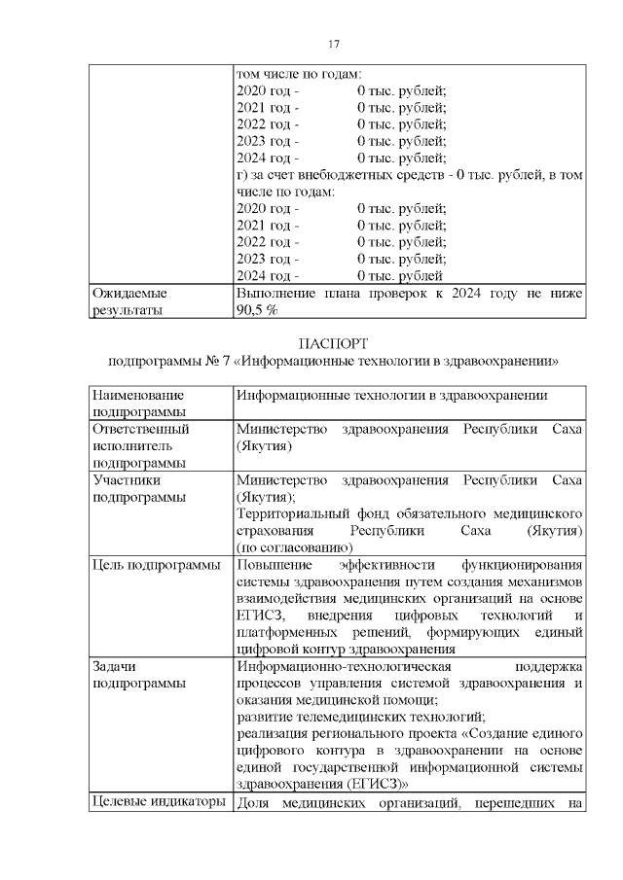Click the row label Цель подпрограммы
click(x=156, y=565)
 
